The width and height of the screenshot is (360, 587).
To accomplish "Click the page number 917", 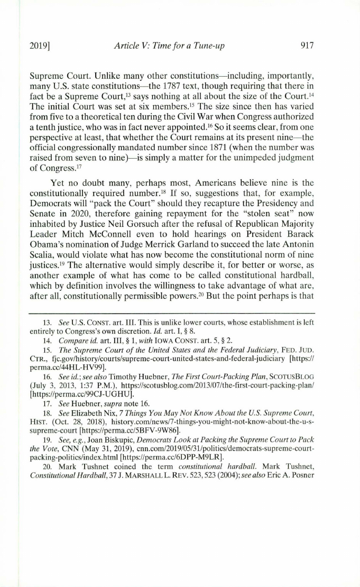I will (307, 46).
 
